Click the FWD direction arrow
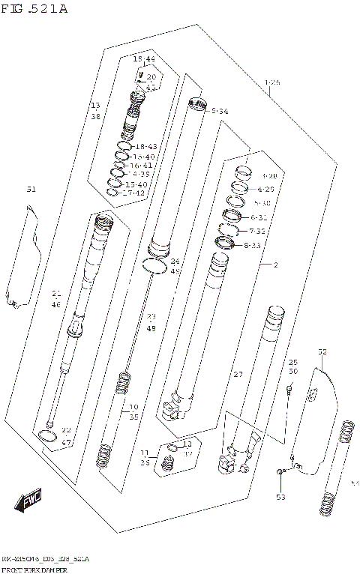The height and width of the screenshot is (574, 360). (31, 498)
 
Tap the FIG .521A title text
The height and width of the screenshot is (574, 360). (34, 9)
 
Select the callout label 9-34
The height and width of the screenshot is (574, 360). (220, 111)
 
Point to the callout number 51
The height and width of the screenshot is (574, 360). (31, 189)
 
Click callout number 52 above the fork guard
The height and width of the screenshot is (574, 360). (322, 351)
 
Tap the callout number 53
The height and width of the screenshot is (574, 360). (280, 497)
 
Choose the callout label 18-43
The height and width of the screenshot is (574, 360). (145, 146)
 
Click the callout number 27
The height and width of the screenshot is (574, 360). (238, 374)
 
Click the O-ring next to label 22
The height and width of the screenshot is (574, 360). (46, 436)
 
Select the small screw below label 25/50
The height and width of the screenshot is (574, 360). (289, 389)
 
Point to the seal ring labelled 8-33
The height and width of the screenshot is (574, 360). (225, 243)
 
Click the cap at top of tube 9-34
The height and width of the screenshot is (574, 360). (197, 103)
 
